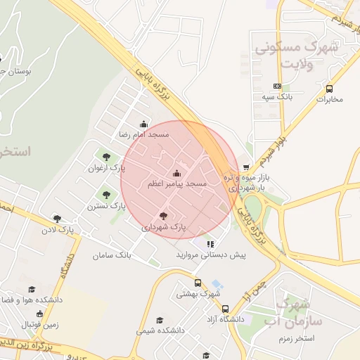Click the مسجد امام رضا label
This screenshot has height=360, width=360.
(143, 134)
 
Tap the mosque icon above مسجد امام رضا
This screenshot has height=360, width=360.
(144, 123)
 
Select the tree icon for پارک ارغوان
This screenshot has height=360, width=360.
(106, 157)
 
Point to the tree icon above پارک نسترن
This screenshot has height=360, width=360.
(106, 195)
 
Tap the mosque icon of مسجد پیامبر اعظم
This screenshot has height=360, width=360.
(176, 174)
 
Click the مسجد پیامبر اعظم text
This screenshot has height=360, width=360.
(176, 184)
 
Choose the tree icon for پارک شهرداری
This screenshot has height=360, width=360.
(164, 216)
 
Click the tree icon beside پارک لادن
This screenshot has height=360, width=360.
(56, 219)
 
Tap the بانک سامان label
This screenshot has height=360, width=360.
(112, 255)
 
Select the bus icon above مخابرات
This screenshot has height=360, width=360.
(329, 88)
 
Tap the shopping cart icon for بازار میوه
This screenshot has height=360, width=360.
(245, 167)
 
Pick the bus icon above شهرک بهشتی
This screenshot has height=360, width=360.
(198, 283)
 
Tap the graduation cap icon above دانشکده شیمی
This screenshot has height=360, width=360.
(161, 319)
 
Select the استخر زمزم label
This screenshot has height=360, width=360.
(314, 339)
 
